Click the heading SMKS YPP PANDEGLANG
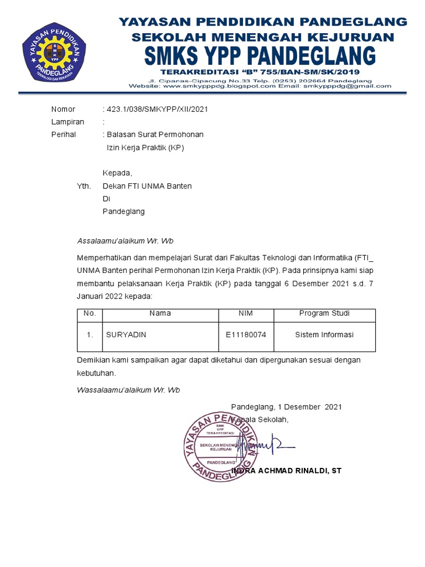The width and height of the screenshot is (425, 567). coord(260,55)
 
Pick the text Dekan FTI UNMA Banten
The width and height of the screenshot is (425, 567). coord(147,186)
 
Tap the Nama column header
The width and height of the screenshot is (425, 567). coord(160,313)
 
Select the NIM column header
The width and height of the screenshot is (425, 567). coord(246,313)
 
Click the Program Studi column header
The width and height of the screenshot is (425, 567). coord(324,313)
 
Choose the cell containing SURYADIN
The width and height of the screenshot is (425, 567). coord(127,335)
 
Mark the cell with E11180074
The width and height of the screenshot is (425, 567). coord(246,335)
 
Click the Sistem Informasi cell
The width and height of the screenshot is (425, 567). coord(324,335)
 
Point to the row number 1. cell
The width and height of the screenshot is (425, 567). coord(90,335)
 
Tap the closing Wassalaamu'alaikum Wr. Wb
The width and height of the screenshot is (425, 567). coord(128,390)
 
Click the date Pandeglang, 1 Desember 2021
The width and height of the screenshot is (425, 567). coord(286,406)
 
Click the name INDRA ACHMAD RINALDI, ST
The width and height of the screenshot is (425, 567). coord(288,471)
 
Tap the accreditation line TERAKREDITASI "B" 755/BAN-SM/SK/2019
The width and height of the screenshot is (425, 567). coord(260,72)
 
